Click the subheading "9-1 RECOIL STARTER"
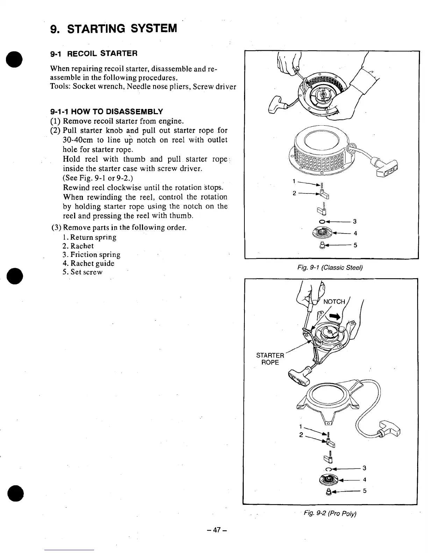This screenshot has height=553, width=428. [94, 53]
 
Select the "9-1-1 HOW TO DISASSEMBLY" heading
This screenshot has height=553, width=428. [107, 112]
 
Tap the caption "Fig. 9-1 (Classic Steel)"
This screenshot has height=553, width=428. [330, 268]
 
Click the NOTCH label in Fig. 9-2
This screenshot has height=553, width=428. [334, 302]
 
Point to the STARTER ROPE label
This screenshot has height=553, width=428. [270, 359]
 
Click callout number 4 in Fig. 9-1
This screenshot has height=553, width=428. [355, 233]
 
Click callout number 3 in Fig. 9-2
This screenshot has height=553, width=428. [364, 468]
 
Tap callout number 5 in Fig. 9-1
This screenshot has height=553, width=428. [355, 245]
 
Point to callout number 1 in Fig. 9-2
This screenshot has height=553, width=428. [300, 427]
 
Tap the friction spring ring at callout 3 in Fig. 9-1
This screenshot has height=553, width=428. [321, 221]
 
